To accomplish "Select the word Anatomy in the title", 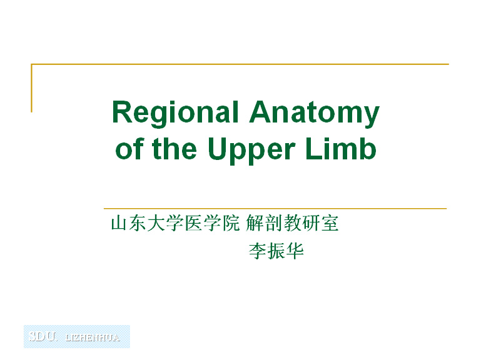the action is [315, 113].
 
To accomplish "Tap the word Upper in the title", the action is [251, 150].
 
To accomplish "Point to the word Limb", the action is [341, 148].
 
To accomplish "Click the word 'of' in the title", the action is [130, 148].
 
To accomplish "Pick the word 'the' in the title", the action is [175, 148].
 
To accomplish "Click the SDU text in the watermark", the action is [43, 336].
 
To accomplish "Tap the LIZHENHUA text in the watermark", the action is [93, 337].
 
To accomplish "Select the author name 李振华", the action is [276, 251].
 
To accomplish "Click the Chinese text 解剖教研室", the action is [292, 223].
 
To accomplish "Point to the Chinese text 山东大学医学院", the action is [175, 223].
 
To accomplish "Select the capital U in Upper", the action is [218, 149].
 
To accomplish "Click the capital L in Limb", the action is [313, 148].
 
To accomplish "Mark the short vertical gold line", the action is [31, 88].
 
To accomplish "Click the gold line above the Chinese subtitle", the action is [275, 209].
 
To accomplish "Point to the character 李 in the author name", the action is [257, 251].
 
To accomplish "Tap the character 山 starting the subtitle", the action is [119, 223].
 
